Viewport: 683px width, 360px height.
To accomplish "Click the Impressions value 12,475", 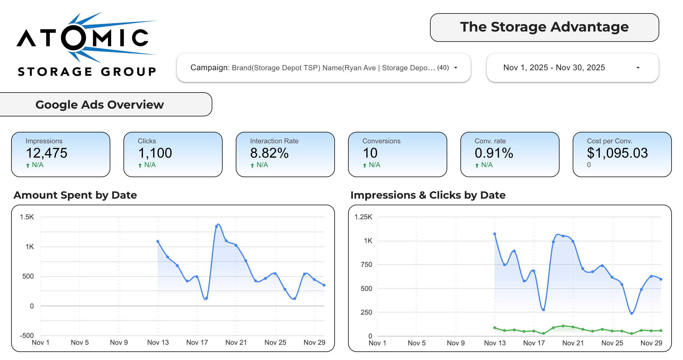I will click(x=47, y=153).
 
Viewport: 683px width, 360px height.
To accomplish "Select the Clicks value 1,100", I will click(x=155, y=153).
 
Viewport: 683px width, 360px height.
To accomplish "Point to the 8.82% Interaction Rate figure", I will click(x=269, y=153).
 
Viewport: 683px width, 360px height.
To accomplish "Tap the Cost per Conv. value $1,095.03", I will click(x=617, y=153).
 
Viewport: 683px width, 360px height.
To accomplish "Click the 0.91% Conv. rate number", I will click(x=494, y=153).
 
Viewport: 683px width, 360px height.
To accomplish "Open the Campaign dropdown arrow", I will click(x=456, y=68).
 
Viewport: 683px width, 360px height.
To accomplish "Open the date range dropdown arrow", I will click(x=638, y=68).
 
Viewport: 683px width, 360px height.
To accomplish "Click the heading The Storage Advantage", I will click(x=544, y=27).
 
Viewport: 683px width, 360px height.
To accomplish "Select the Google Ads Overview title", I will click(x=100, y=105).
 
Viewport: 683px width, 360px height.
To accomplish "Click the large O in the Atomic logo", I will click(x=74, y=38).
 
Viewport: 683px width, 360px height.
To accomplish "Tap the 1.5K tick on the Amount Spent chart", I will click(x=27, y=217).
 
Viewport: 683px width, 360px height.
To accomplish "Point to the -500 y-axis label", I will click(x=27, y=335).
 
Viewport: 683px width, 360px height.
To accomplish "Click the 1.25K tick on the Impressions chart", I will click(x=363, y=217).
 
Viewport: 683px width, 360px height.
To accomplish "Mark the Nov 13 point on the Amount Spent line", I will click(x=158, y=242).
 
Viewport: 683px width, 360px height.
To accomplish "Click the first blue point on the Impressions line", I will click(x=495, y=234).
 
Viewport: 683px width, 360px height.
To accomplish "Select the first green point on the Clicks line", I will click(x=495, y=328).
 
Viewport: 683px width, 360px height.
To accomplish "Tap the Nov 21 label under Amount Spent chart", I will click(x=236, y=343).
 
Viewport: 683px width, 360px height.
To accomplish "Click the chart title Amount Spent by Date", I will click(x=75, y=195).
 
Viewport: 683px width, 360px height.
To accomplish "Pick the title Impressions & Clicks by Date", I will click(x=428, y=195).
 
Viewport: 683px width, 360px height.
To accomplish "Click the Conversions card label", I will click(x=381, y=141).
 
